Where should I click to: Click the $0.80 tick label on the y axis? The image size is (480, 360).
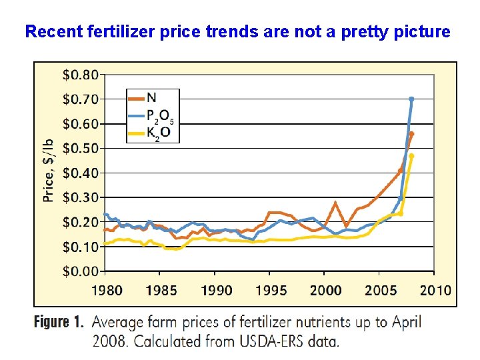point(81,74)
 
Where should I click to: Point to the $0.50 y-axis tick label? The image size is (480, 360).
point(81,148)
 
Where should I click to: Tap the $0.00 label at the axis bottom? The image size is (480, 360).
point(81,271)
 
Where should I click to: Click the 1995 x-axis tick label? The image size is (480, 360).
point(270,291)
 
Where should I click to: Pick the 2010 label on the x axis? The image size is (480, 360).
point(435,291)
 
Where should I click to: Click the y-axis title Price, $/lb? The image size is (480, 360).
point(49,173)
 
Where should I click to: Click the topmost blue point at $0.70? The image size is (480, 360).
point(411,99)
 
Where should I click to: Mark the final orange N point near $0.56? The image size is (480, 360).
point(411,134)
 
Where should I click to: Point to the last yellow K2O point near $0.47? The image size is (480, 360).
point(411,156)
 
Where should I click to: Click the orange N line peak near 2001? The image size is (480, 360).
point(335,203)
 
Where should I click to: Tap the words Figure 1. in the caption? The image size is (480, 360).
point(59,323)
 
